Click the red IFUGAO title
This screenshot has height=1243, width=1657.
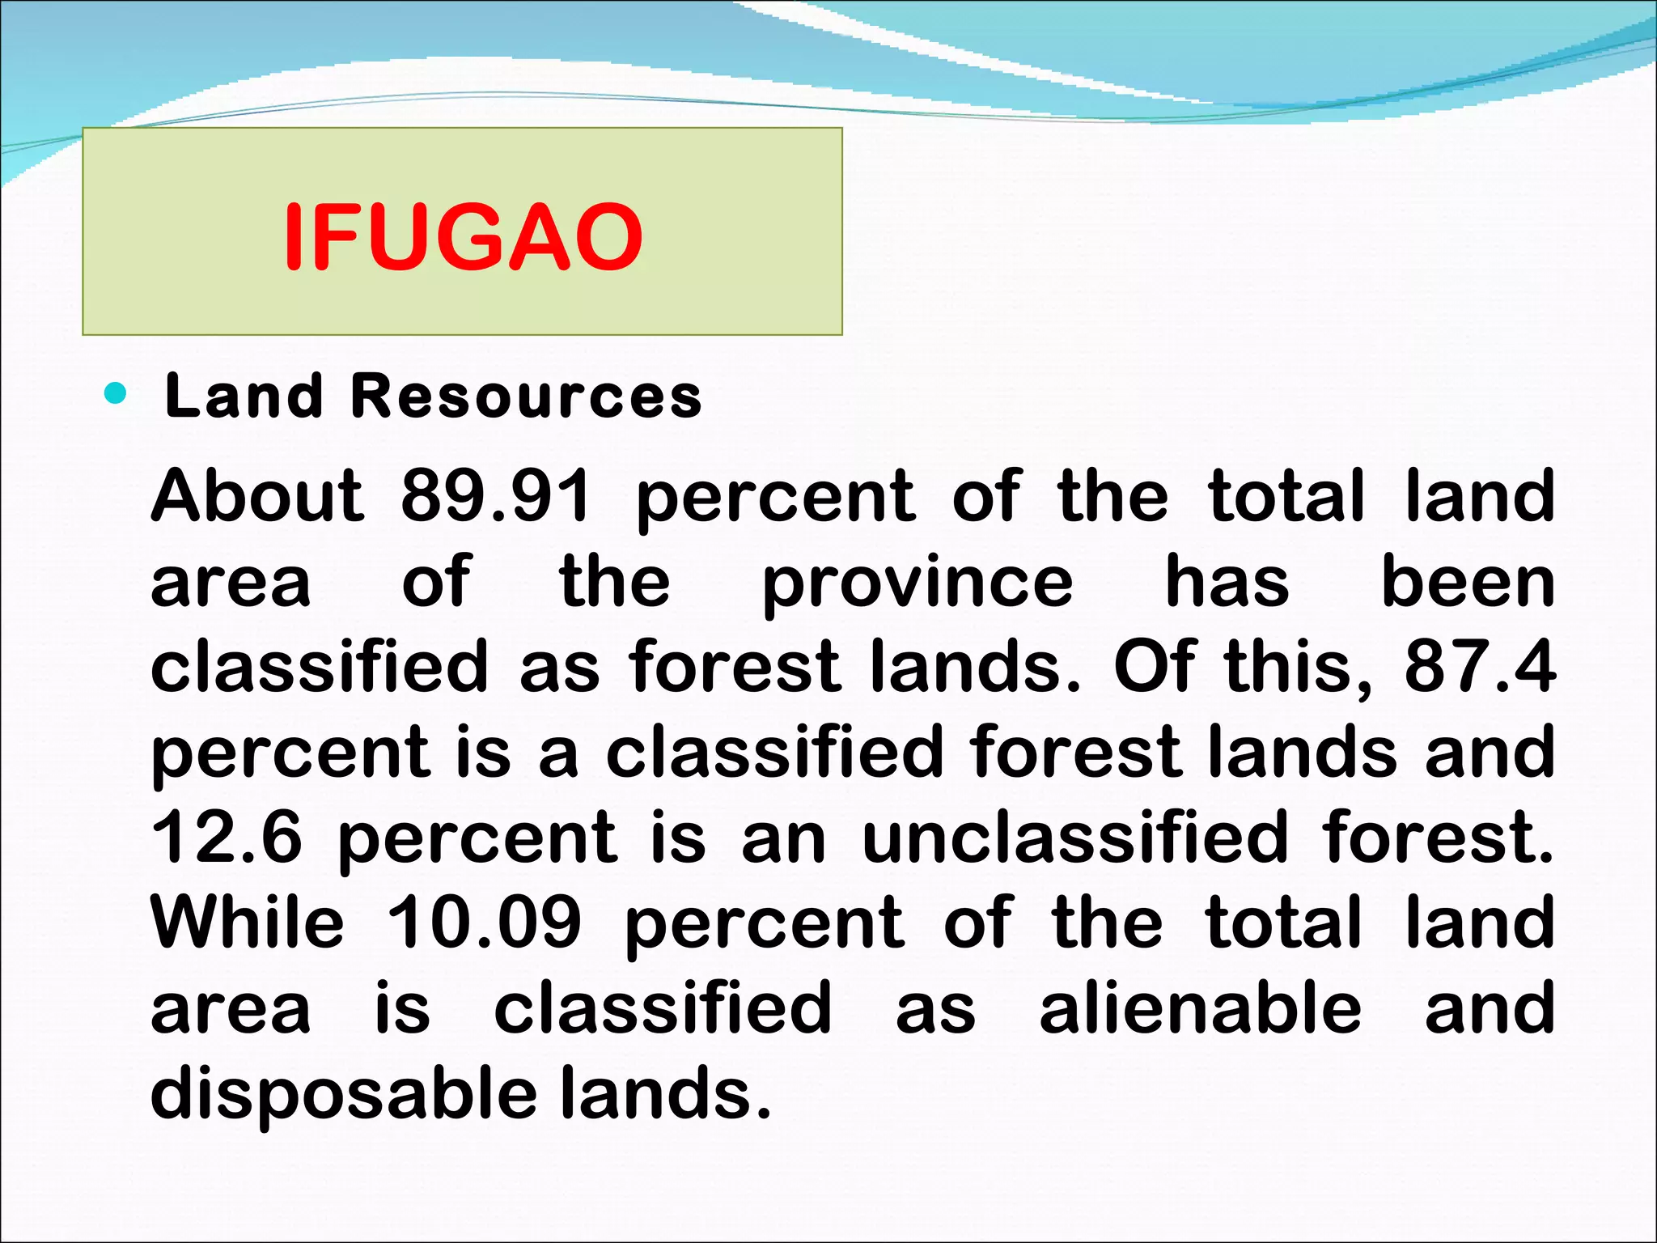coord(463,237)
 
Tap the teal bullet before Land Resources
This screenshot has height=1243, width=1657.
coord(117,394)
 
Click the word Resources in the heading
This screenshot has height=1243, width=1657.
coord(526,397)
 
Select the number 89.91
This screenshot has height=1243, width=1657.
coord(496,495)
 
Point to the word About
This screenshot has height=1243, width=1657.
coord(257,495)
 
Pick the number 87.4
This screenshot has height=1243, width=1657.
coord(1479,666)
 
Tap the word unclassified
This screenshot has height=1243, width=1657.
coord(1074,837)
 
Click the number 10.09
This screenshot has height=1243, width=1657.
coord(484,923)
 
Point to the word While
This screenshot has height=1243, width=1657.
coord(248,923)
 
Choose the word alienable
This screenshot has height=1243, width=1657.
coord(1201,1008)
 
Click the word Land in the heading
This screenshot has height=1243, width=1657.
coord(243,397)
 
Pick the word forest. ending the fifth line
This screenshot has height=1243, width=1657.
coord(1437,837)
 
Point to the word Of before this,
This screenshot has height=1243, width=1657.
coord(1155,666)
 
